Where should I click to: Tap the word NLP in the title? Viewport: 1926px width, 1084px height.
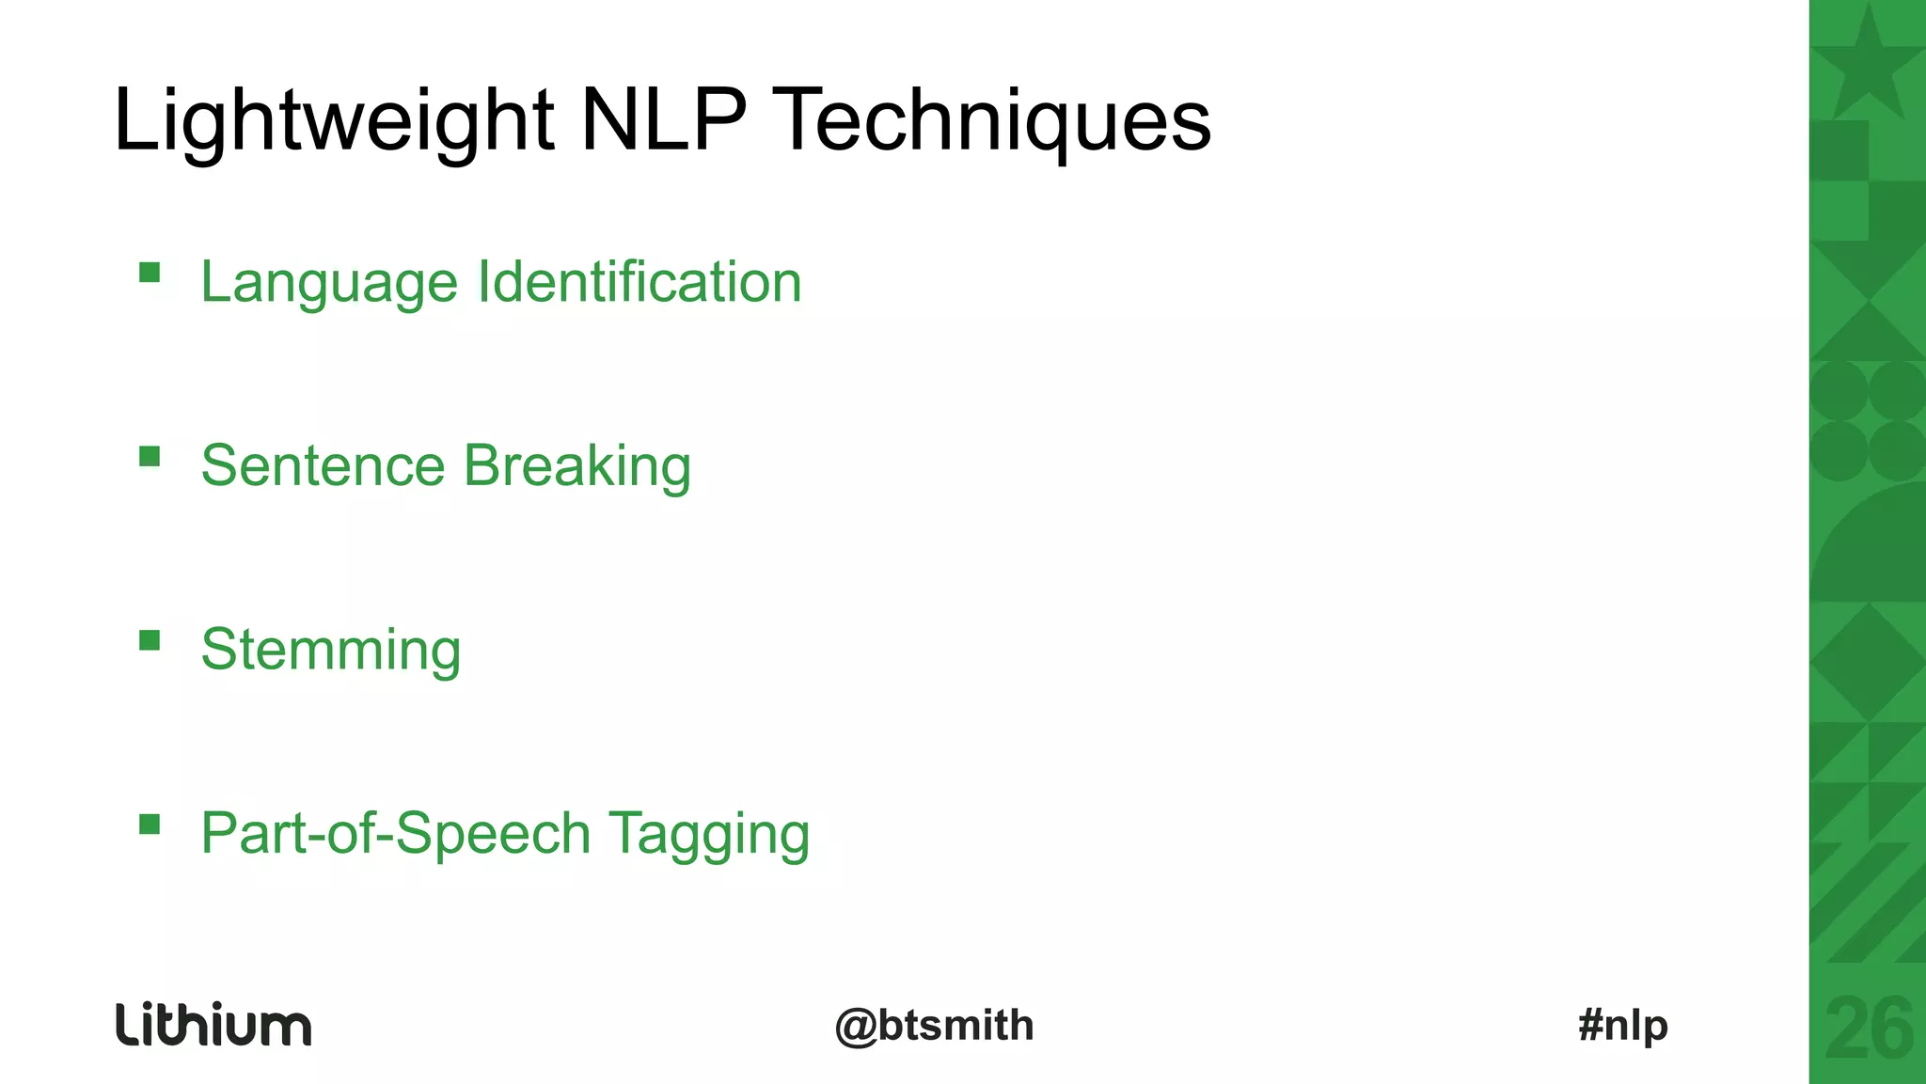[x=663, y=120]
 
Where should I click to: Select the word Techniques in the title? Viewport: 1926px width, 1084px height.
[x=995, y=120]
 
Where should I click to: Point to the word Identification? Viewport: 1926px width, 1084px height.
[x=639, y=281]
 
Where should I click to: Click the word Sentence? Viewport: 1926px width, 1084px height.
[x=323, y=465]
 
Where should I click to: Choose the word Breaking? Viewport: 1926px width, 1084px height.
[x=577, y=465]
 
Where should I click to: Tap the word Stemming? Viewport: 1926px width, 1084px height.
[x=331, y=650]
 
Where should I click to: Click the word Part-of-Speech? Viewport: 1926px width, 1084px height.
[x=396, y=834]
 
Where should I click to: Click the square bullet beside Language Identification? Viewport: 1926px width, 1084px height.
[x=150, y=273]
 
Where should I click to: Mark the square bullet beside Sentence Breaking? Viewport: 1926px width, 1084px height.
[x=150, y=457]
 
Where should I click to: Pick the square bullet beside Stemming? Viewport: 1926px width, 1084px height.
[x=150, y=641]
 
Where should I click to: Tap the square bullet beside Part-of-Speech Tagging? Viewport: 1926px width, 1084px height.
[x=150, y=825]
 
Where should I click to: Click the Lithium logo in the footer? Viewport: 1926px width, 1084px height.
[x=213, y=1024]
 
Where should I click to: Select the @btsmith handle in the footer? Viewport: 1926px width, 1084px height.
[x=934, y=1025]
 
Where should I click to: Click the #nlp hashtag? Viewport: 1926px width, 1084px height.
[x=1623, y=1025]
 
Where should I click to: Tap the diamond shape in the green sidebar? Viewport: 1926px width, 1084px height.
[x=1868, y=662]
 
